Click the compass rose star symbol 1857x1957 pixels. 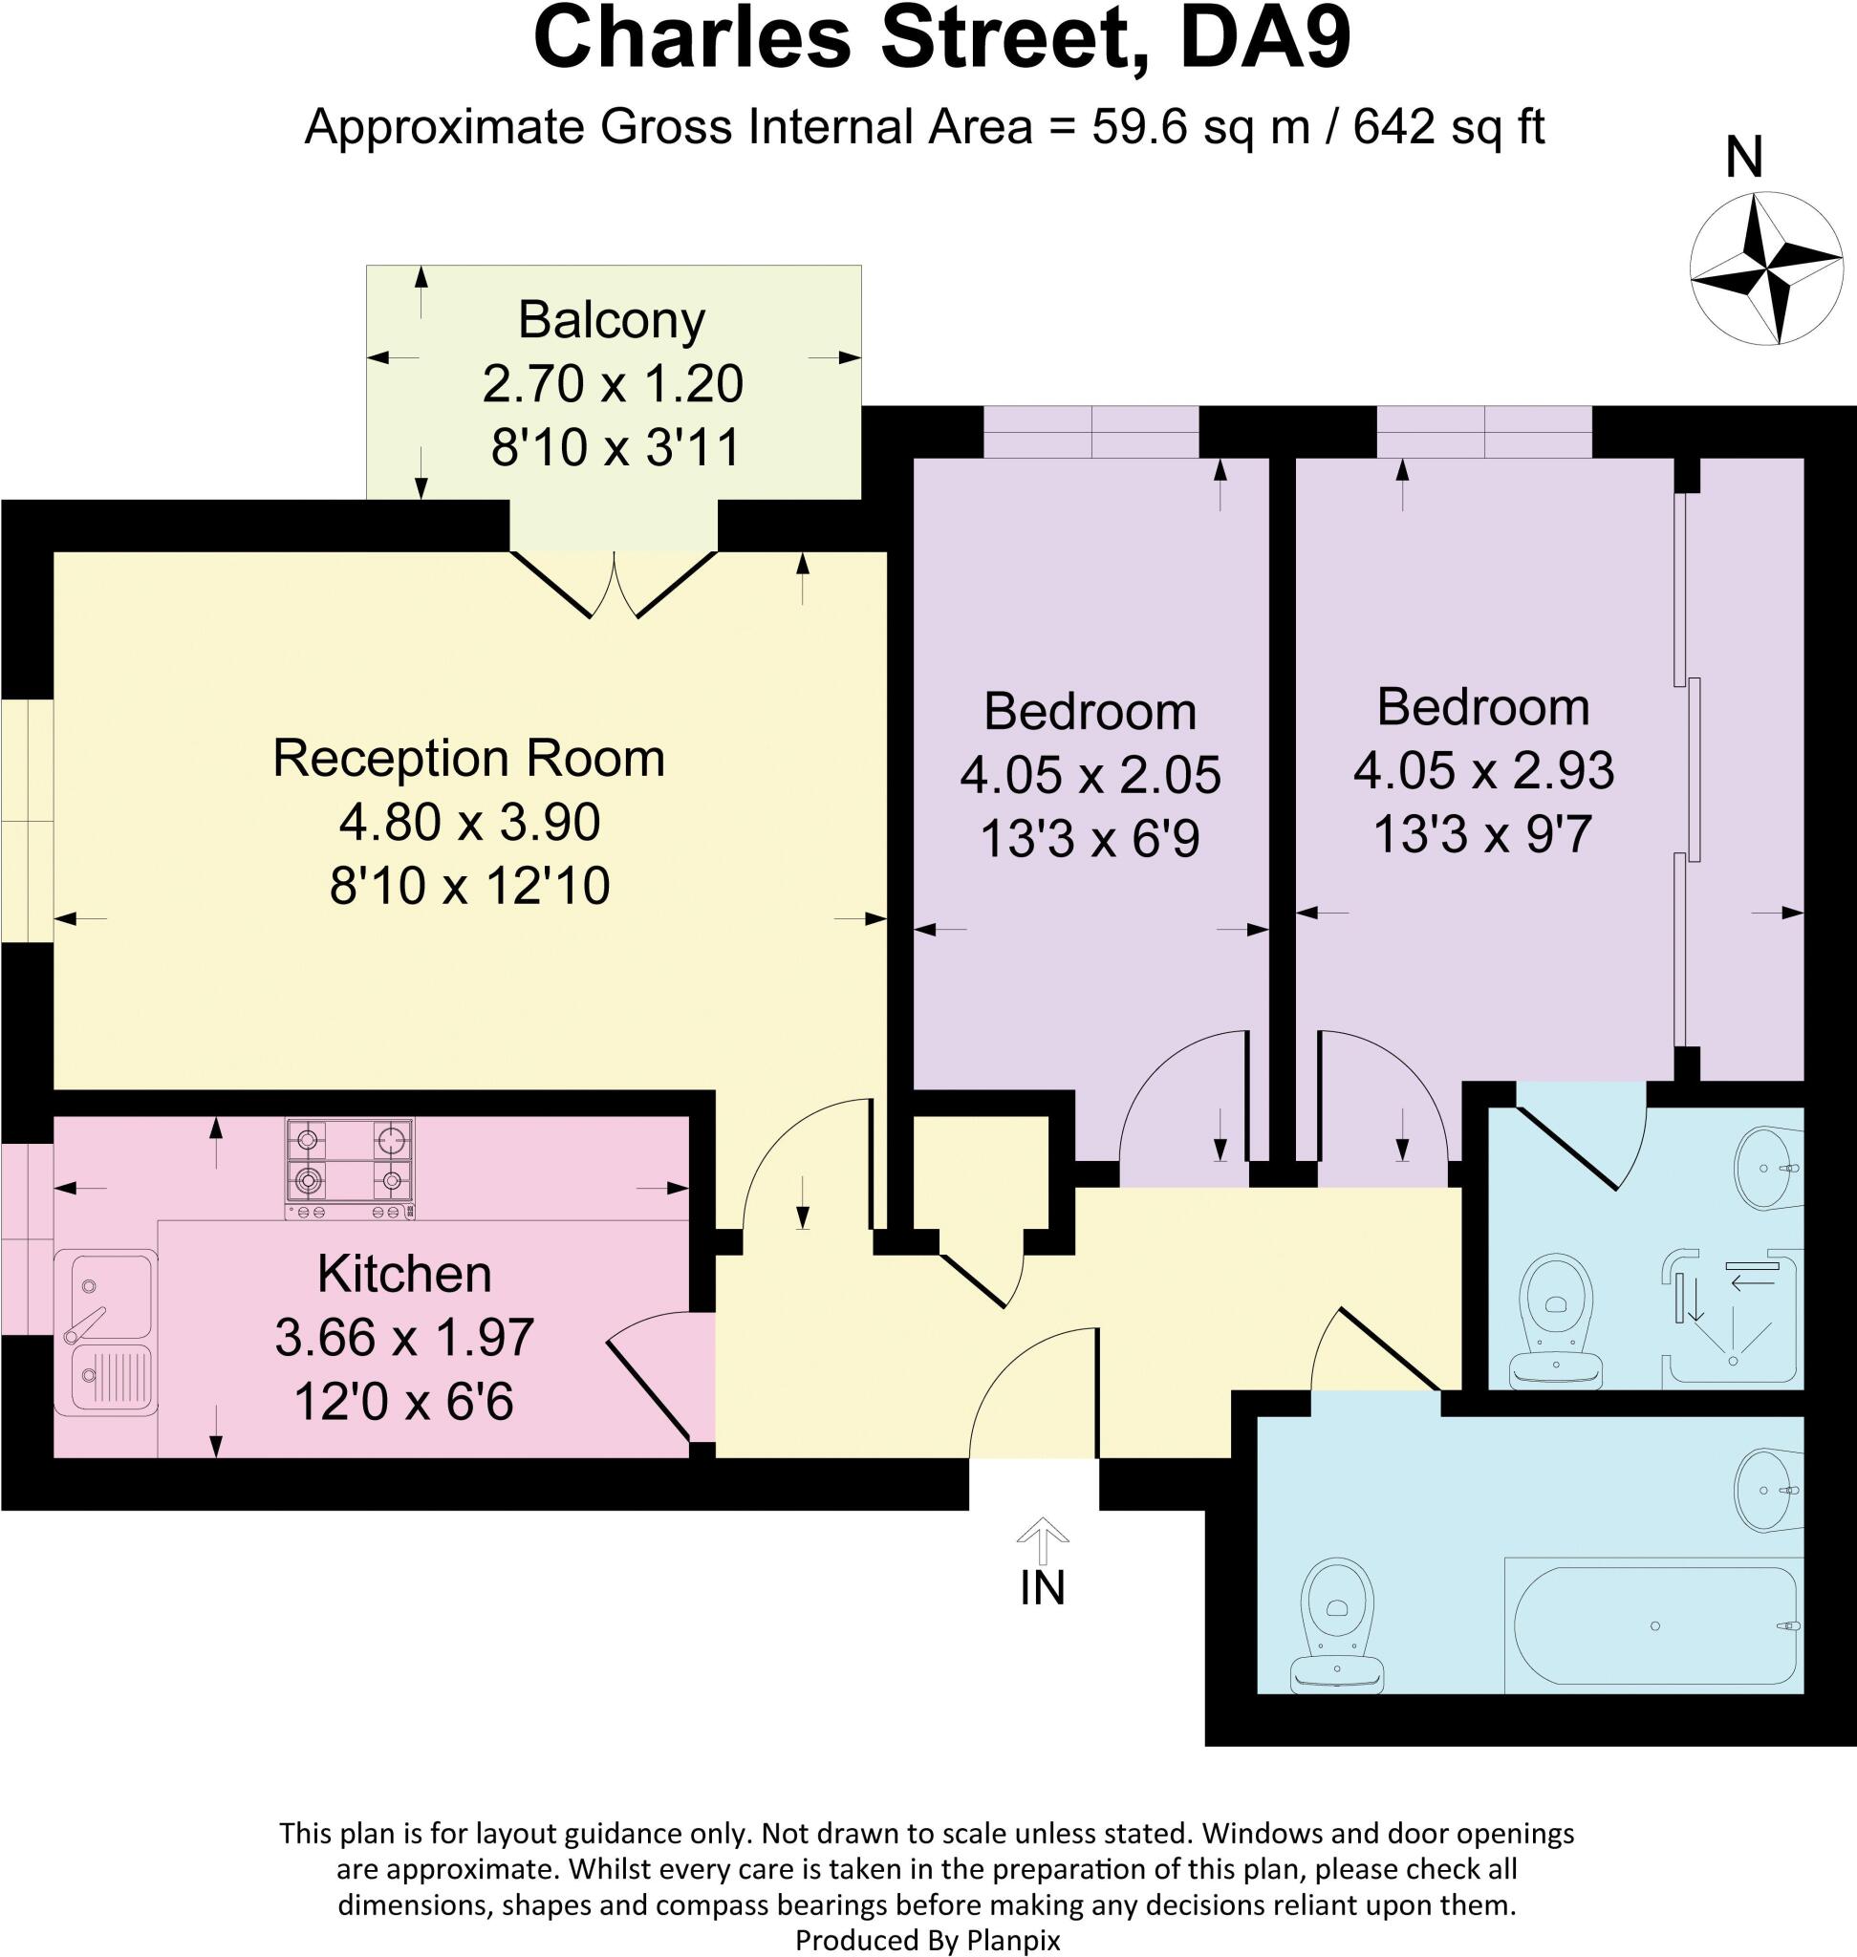1765,269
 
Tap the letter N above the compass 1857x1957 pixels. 1744,158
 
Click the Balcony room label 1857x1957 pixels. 612,320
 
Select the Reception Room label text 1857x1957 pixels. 468,759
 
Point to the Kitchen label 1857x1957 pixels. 404,1274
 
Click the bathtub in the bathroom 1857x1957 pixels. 1654,1625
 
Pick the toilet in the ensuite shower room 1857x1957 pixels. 1557,1319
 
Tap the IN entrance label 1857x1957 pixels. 1043,1589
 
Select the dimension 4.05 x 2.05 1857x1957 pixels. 1090,775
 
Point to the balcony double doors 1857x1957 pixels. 614,584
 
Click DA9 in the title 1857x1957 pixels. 1265,37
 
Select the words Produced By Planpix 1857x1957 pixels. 927,1940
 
